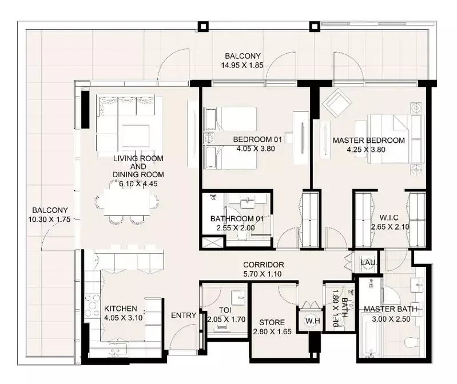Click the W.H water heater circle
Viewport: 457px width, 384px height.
tap(312, 321)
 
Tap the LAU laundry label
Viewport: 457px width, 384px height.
tap(368, 263)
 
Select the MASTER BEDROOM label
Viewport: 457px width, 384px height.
tap(369, 141)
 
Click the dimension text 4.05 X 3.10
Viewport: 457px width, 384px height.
tap(124, 318)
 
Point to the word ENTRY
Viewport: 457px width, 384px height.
tap(184, 315)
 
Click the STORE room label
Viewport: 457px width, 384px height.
tap(272, 322)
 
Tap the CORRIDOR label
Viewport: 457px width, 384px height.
tap(264, 265)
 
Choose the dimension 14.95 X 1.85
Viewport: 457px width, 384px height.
tap(242, 65)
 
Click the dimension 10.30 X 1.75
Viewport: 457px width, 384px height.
tap(49, 219)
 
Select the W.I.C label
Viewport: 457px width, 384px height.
tap(389, 218)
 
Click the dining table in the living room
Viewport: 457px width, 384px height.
tap(127, 203)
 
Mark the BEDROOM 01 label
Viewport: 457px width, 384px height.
tap(257, 139)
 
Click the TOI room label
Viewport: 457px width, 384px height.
tap(225, 310)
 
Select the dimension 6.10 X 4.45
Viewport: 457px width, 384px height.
tap(138, 183)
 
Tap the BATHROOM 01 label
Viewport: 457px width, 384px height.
tap(237, 218)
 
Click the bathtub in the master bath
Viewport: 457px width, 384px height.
tap(369, 335)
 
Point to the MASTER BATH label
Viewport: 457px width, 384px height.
tap(391, 309)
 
